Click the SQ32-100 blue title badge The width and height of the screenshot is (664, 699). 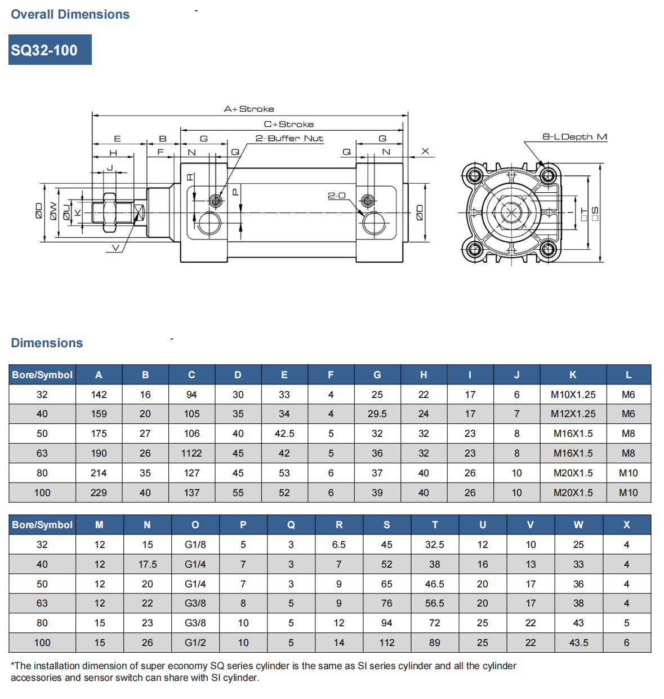tap(50, 50)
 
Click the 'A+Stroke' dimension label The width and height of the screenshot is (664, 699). tap(249, 109)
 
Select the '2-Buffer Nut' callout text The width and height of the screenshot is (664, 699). tap(289, 138)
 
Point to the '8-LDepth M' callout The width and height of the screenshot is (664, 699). tap(574, 136)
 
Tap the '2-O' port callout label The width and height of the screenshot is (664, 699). tap(336, 196)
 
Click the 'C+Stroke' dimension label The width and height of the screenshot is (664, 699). tap(288, 124)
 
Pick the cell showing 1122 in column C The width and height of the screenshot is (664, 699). tap(191, 453)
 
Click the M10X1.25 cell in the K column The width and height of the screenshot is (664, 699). tap(573, 395)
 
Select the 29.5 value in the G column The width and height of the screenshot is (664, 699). tap(377, 414)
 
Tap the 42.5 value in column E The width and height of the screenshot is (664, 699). tap(284, 433)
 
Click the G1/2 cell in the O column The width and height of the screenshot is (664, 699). tap(195, 643)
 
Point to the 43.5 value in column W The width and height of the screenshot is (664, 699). tap(578, 643)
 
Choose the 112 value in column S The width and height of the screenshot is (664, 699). tap(386, 643)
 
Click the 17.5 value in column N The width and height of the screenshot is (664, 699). tap(147, 564)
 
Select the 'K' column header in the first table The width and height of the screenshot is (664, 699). tap(573, 375)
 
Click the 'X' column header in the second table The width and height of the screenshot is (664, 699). tap(626, 525)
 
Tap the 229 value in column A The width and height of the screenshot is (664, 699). tap(99, 493)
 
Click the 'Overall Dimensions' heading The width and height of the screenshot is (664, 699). tap(70, 15)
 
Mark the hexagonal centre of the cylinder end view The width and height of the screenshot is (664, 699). tap(511, 213)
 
